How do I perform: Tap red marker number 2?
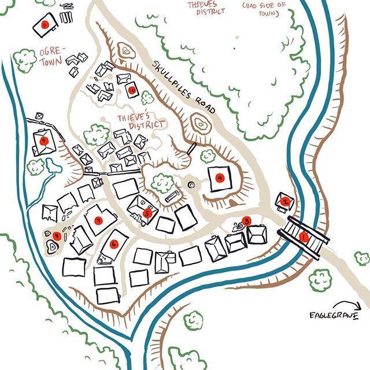coord(285,201)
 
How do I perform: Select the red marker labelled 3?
coord(247,220)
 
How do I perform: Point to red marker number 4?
coord(220,178)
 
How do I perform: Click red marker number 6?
coord(114,243)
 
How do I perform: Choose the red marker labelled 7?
coord(98,220)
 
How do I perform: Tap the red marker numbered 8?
coord(57,235)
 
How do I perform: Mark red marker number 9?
coord(43,140)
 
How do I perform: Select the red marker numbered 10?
coord(132,90)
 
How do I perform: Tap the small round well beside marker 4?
coord(191,184)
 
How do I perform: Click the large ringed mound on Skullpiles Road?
coord(201,124)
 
